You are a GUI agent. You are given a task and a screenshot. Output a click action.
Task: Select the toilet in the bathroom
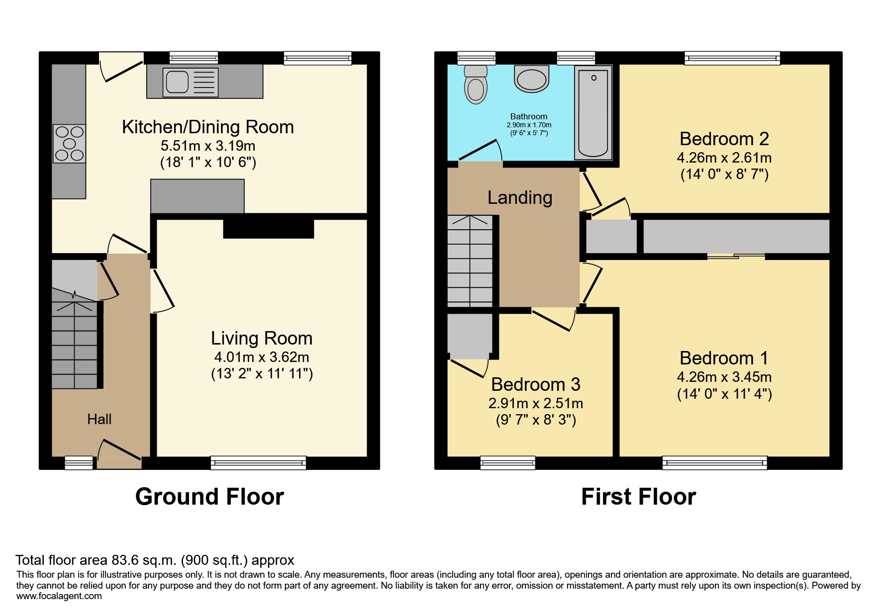(x=476, y=85)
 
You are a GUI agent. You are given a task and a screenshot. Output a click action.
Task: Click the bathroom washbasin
(x=532, y=80)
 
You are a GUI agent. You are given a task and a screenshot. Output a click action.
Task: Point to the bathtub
(x=593, y=113)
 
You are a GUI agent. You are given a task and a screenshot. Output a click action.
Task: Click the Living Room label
(x=262, y=339)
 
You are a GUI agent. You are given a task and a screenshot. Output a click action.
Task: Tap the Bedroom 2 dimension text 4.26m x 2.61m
(x=724, y=158)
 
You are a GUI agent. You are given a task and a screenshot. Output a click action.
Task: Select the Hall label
(x=99, y=420)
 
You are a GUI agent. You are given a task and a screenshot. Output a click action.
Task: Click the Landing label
(x=519, y=198)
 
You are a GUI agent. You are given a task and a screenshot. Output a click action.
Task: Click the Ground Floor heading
(x=209, y=497)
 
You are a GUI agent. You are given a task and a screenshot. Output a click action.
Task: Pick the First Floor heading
(x=638, y=497)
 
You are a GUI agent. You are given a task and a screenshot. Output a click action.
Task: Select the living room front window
(x=258, y=463)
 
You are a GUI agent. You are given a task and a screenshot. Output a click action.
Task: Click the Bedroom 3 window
(x=507, y=463)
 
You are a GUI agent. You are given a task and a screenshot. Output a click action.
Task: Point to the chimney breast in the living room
(x=268, y=228)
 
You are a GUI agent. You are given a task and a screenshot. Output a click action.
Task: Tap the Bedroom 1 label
(x=724, y=358)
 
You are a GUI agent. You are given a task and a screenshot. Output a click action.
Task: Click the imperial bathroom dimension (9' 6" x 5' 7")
(x=528, y=133)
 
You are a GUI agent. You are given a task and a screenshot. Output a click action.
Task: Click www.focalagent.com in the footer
(x=59, y=596)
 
